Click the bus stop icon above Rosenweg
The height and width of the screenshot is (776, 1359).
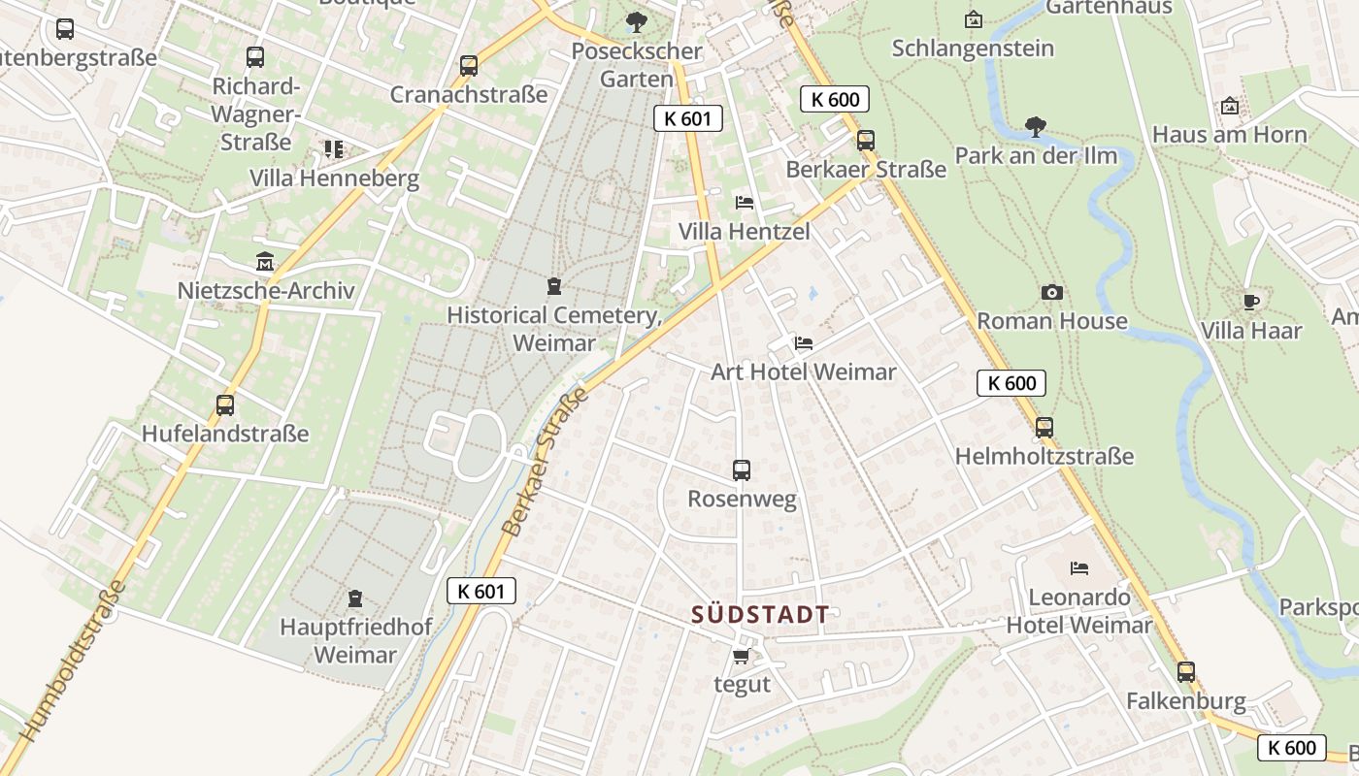pyautogui.click(x=742, y=470)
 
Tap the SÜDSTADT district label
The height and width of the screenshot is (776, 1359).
pyautogui.click(x=760, y=614)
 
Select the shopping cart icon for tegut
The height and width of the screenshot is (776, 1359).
pyautogui.click(x=742, y=657)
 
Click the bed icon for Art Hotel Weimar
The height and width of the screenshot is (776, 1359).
pyautogui.click(x=803, y=343)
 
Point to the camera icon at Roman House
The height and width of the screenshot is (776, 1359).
pyautogui.click(x=1051, y=292)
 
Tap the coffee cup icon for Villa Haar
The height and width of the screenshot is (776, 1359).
pyautogui.click(x=1251, y=302)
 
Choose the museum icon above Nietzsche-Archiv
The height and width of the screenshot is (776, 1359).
pyautogui.click(x=265, y=262)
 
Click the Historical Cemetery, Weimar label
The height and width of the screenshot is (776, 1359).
pyautogui.click(x=554, y=329)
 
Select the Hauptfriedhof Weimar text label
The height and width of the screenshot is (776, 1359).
pyautogui.click(x=355, y=640)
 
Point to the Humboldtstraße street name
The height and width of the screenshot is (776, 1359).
pyautogui.click(x=74, y=660)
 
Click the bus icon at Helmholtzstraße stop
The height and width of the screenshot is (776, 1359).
pyautogui.click(x=1044, y=427)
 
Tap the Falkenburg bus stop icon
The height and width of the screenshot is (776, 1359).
pyautogui.click(x=1185, y=671)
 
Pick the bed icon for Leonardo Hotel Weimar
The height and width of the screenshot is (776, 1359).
pyautogui.click(x=1079, y=567)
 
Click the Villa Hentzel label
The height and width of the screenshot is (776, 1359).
pyautogui.click(x=744, y=232)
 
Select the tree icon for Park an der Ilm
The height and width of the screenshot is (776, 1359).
pyautogui.click(x=1036, y=126)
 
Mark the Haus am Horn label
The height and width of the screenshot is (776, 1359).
pyautogui.click(x=1229, y=135)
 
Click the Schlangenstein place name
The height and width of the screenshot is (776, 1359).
pyautogui.click(x=973, y=48)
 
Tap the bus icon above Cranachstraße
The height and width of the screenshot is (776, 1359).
pyautogui.click(x=469, y=66)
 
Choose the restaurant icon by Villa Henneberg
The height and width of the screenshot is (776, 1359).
pyautogui.click(x=334, y=149)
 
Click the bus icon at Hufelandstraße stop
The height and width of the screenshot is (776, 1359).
pyautogui.click(x=225, y=404)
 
